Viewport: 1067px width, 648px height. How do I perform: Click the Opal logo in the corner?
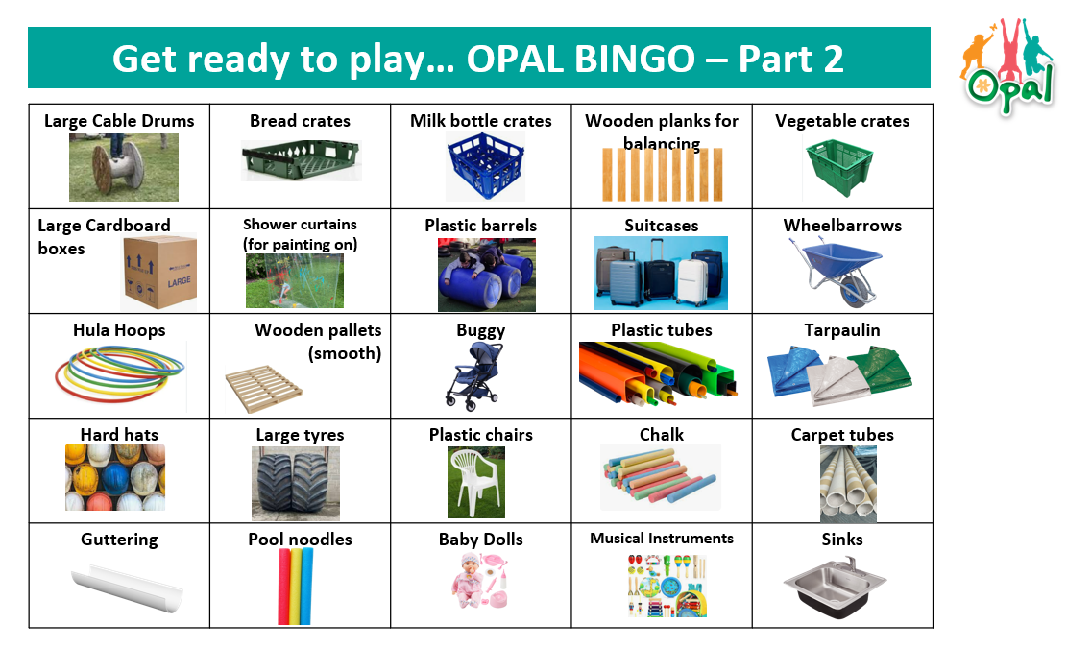[x=1007, y=66]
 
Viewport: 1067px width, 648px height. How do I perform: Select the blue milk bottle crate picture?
[x=485, y=166]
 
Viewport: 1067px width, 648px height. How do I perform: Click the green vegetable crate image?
[x=839, y=167]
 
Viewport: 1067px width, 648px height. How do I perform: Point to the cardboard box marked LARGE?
[x=160, y=273]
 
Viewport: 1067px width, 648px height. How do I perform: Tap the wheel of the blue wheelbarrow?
[x=854, y=291]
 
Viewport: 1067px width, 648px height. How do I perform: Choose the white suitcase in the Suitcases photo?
[x=692, y=282]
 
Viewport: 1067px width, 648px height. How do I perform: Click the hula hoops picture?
[x=120, y=374]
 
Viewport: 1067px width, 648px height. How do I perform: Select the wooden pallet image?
[x=264, y=388]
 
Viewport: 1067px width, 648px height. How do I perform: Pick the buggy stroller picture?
[x=474, y=376]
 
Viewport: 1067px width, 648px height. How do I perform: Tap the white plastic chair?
[x=474, y=483]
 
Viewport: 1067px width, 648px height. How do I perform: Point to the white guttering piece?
[x=127, y=588]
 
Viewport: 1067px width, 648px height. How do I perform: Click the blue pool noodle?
[x=306, y=587]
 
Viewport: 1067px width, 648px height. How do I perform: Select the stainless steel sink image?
[x=835, y=587]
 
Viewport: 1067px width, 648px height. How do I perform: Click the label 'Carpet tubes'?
[x=841, y=435]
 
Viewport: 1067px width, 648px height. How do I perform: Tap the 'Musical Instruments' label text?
[x=662, y=539]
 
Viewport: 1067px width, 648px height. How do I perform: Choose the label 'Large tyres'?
[x=300, y=435]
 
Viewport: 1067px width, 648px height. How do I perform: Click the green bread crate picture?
[x=301, y=160]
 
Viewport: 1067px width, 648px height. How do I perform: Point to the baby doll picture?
[x=480, y=581]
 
